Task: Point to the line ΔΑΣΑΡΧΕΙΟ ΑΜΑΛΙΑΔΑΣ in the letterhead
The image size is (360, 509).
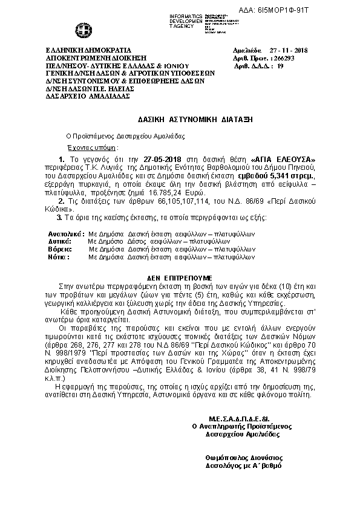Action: [80, 96]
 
